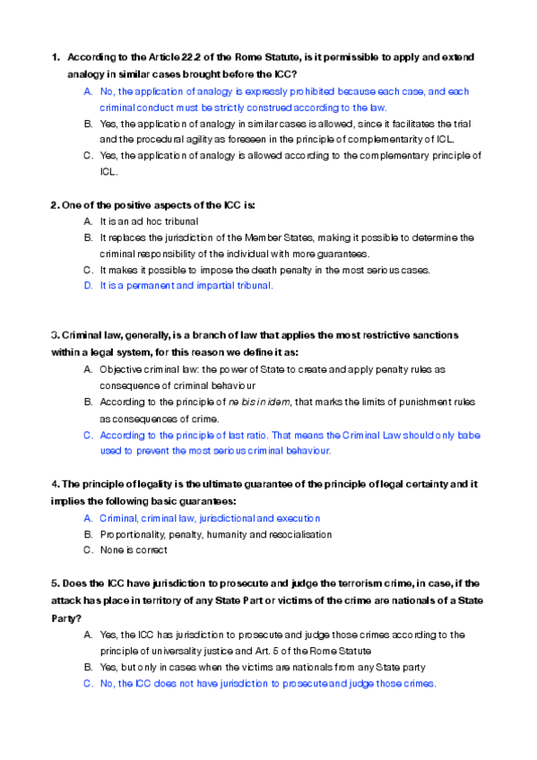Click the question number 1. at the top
(x=56, y=57)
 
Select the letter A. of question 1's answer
(x=88, y=91)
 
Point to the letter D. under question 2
(x=88, y=286)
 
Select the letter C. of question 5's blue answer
(x=88, y=683)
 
